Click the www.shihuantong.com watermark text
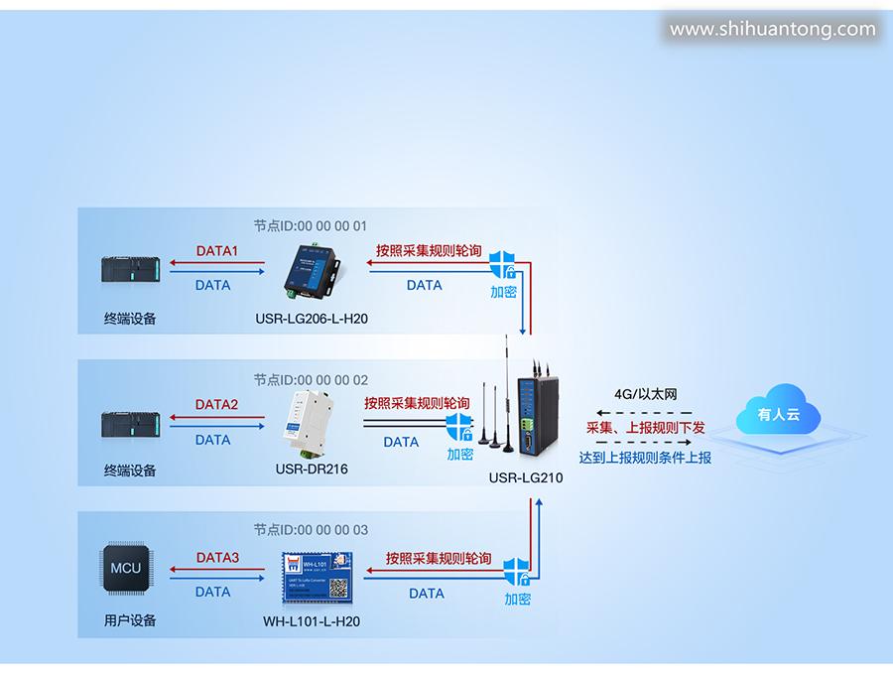[x=772, y=30]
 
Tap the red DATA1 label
[x=216, y=252]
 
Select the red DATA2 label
[x=216, y=405]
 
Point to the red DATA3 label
[x=217, y=558]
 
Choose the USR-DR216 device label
[x=311, y=470]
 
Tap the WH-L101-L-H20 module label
[x=311, y=622]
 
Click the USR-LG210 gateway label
[x=525, y=477]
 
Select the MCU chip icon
[x=125, y=570]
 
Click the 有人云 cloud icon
[x=780, y=415]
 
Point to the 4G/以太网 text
[x=645, y=395]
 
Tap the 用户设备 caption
[x=130, y=621]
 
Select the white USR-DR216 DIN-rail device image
[x=312, y=421]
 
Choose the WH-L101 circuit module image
[x=315, y=576]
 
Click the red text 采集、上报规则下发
[x=645, y=427]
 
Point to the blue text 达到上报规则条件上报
[x=645, y=458]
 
